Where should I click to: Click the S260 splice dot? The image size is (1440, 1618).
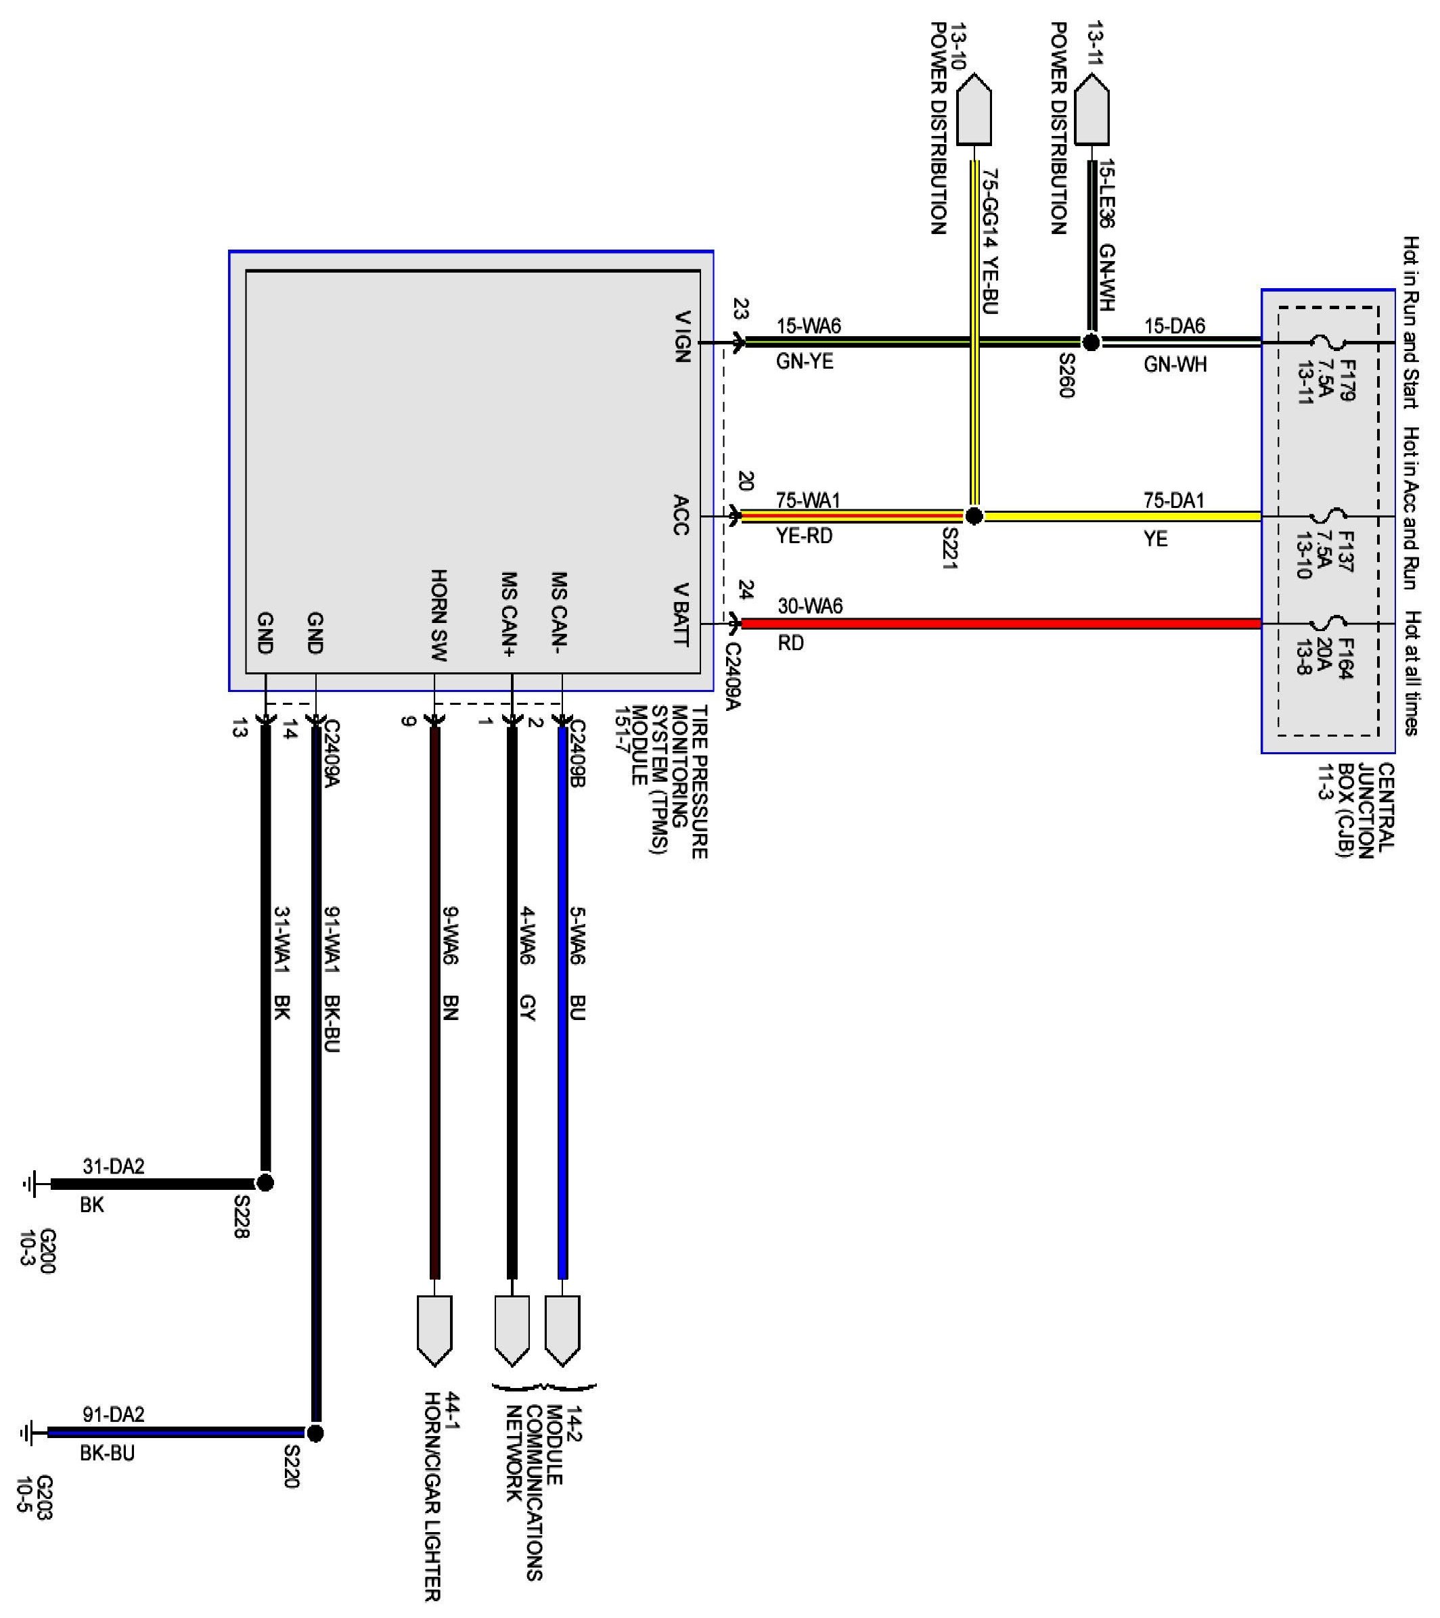tap(1091, 343)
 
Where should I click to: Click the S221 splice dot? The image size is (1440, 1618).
tap(974, 516)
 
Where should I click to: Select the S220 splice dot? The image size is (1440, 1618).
tap(315, 1433)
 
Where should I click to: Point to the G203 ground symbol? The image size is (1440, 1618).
tap(28, 1433)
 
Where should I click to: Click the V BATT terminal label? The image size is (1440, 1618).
tap(680, 614)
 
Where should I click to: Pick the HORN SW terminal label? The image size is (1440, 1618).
tap(438, 615)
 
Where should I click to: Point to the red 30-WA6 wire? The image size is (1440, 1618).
tap(998, 624)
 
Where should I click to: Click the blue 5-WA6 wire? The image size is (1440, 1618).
tap(563, 1029)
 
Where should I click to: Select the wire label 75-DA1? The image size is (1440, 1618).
tap(1173, 501)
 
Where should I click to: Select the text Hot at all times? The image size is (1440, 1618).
tap(1412, 673)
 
